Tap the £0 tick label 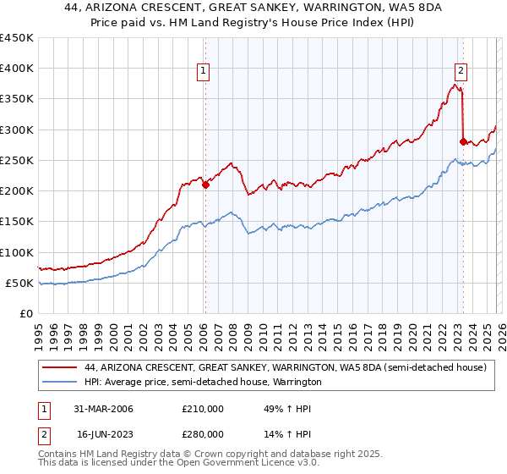coord(26,313)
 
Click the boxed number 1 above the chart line coord(204,72)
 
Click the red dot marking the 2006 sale coord(205,185)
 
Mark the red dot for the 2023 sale coord(462,141)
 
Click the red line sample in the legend coord(61,368)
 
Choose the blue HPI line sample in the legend coord(61,383)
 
